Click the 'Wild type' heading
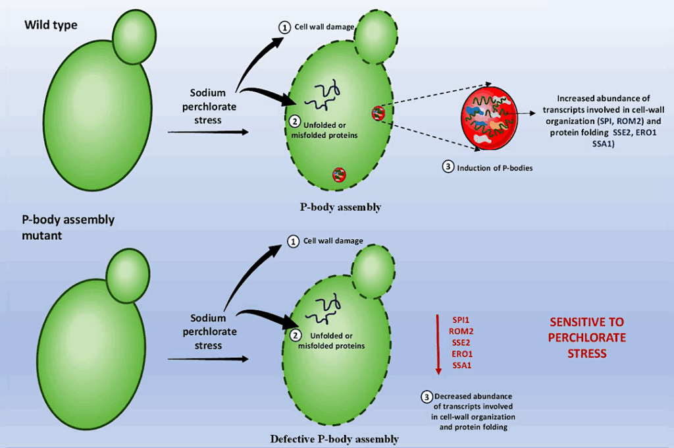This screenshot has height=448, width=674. pos(51,25)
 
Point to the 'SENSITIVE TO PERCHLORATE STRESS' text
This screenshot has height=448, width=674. pos(578,337)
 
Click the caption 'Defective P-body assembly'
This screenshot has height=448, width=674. pos(334,438)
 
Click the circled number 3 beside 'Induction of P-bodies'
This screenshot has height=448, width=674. pos(447,167)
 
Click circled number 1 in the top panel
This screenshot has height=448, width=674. pos(284,28)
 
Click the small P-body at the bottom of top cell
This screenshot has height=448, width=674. pos(339,174)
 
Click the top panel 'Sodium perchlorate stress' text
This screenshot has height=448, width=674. pos(208,106)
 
